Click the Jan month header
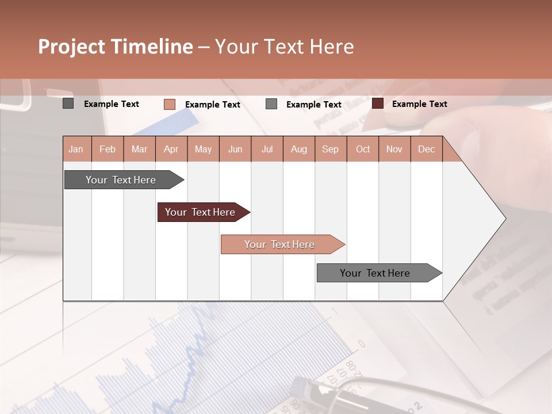[76, 149]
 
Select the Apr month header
[171, 149]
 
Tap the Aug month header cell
[298, 149]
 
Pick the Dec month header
[426, 149]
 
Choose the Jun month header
[235, 149]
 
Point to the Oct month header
[363, 149]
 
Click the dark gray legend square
[68, 103]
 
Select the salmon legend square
[170, 104]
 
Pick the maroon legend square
[378, 103]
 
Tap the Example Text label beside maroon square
[419, 104]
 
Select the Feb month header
[108, 149]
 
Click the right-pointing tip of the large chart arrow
[504, 218]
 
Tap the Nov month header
[394, 149]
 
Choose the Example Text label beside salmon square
[212, 105]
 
